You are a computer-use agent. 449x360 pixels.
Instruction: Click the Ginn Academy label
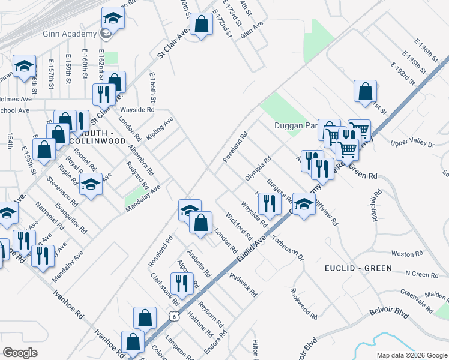70,34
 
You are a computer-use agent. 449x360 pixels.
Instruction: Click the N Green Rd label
421,274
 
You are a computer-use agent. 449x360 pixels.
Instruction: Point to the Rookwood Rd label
303,302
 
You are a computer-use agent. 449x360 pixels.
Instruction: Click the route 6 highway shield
174,316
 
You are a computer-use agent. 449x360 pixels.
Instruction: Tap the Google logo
20,353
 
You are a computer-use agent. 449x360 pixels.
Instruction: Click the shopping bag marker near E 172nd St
202,25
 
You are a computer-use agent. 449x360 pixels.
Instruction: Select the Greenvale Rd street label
417,298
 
